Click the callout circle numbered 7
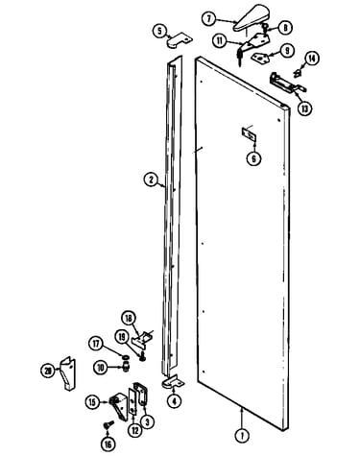(x=209, y=19)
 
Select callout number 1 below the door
(x=242, y=436)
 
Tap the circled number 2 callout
(x=151, y=180)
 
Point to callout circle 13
(x=304, y=108)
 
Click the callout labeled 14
(x=311, y=59)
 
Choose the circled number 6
(x=253, y=158)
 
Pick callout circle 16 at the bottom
(x=108, y=444)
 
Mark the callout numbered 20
(x=48, y=371)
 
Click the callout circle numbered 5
(x=160, y=31)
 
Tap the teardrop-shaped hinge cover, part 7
(x=252, y=18)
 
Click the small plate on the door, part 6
(x=249, y=134)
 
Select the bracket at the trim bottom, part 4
(x=174, y=382)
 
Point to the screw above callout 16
(x=108, y=424)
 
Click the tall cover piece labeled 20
(x=68, y=373)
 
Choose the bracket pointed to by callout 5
(x=180, y=40)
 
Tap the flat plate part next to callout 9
(x=260, y=57)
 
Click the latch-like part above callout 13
(x=286, y=83)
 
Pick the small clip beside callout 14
(x=298, y=73)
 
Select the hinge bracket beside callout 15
(x=119, y=404)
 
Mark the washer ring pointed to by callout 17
(x=126, y=356)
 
